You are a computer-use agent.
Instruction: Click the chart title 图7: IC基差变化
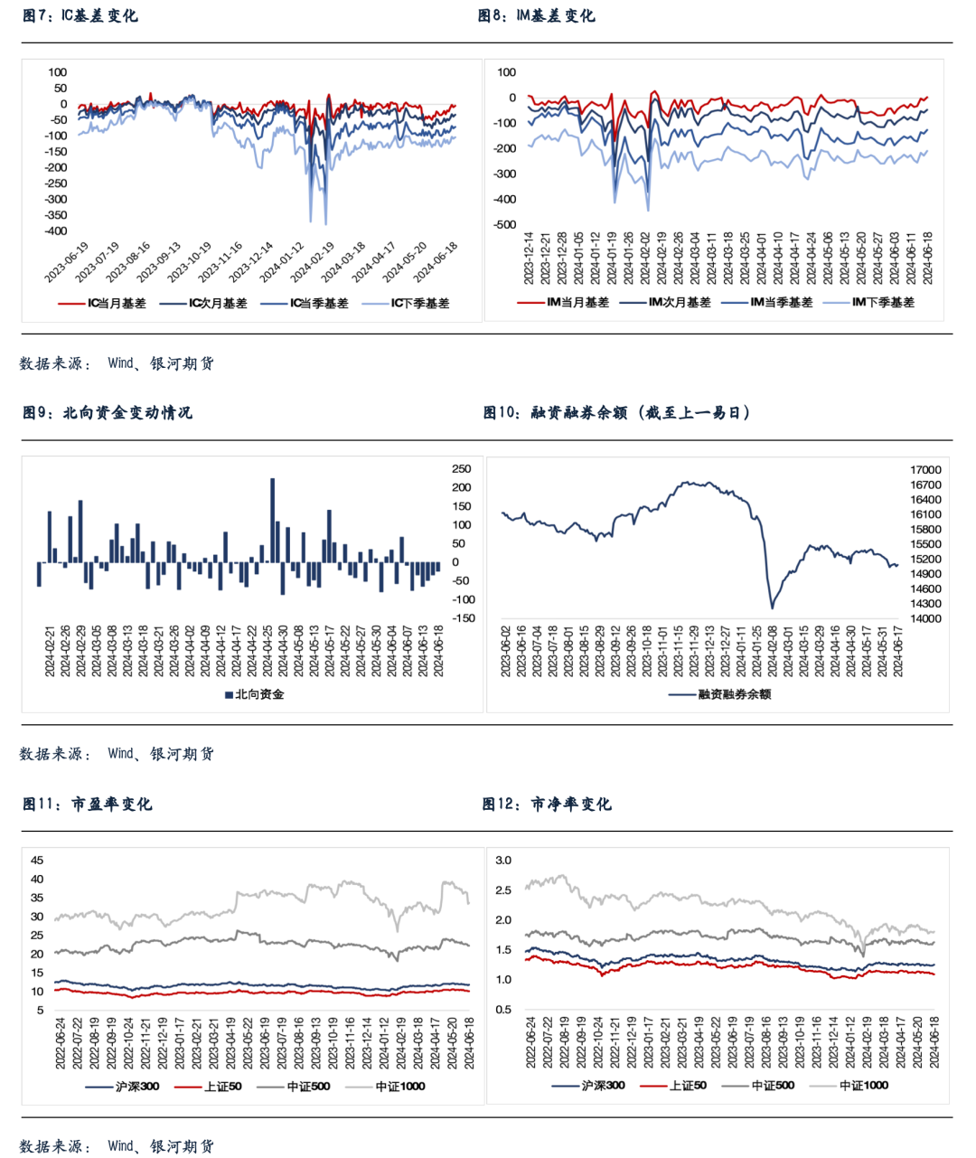(80, 16)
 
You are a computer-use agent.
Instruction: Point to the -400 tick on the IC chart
(56, 231)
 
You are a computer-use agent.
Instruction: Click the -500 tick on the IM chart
(505, 225)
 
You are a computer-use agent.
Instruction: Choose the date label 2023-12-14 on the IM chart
(529, 259)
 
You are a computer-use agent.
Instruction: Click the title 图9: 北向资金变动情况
(108, 413)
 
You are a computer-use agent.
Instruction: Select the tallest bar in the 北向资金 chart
(273, 520)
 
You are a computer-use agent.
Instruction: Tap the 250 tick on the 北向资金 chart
(461, 469)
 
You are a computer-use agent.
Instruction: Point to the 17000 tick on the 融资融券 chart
(924, 470)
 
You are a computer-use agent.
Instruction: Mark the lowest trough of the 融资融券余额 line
(772, 607)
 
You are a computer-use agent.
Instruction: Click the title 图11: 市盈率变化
(88, 805)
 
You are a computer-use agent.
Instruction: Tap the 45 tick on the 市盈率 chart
(37, 861)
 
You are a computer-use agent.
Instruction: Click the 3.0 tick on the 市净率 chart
(503, 861)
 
